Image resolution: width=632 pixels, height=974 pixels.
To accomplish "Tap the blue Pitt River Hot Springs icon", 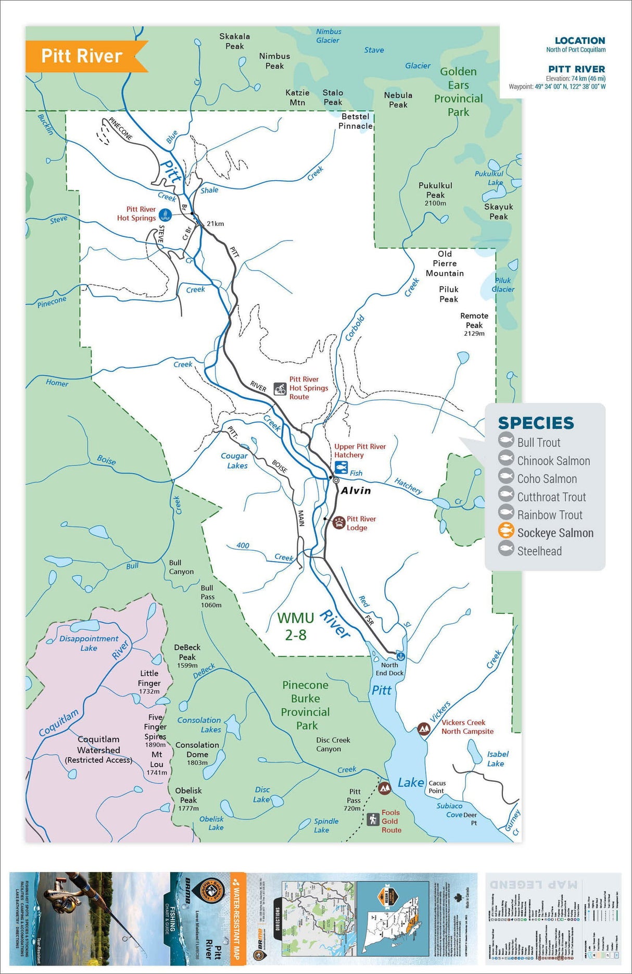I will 165,214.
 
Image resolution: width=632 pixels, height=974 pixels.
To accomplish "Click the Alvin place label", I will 356,490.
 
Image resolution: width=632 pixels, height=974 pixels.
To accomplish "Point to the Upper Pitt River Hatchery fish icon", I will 342,466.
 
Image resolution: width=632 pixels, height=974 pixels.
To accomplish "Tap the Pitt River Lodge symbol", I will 339,523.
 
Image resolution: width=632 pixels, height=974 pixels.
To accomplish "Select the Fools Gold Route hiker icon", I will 373,819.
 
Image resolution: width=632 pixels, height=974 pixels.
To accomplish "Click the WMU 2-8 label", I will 295,626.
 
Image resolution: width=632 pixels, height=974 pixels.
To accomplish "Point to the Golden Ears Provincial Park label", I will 458,92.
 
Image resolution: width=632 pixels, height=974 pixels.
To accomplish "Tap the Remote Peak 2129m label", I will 474,324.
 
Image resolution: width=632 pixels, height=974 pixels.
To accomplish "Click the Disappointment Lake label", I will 89,643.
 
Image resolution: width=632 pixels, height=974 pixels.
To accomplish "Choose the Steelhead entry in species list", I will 539,551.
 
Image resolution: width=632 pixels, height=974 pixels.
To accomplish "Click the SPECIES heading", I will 536,423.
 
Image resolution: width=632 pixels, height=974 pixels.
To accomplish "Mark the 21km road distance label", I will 215,224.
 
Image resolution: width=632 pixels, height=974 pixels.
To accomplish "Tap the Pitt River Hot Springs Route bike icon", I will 281,388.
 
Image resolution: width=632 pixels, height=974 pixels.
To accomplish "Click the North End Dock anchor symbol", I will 400,656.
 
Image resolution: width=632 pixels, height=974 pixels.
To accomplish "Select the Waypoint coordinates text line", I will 557,87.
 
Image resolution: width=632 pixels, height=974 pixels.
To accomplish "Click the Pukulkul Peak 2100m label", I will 435,193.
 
